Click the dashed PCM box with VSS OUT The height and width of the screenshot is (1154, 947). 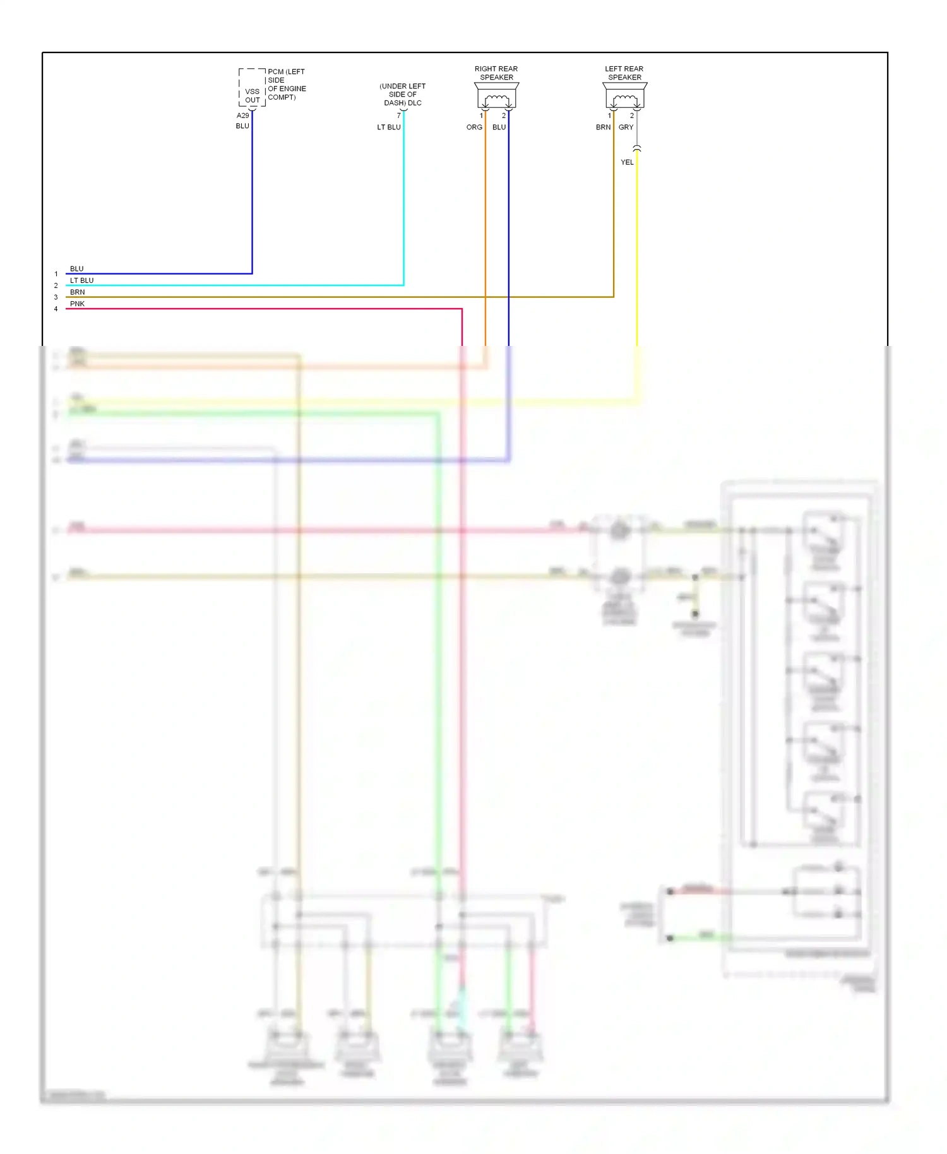[x=252, y=88]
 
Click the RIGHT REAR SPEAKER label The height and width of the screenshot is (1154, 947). [x=496, y=73]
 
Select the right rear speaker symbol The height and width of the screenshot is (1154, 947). [x=497, y=97]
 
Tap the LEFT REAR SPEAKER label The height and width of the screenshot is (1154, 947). [x=624, y=73]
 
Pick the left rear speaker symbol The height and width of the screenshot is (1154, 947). [x=625, y=97]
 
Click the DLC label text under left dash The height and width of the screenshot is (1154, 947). [x=403, y=95]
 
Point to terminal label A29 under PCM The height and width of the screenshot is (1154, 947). [x=243, y=116]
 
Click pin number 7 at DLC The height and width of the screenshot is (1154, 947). [x=398, y=116]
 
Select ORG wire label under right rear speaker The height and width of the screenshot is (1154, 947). [x=474, y=128]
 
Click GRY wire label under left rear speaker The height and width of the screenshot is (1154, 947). [x=626, y=128]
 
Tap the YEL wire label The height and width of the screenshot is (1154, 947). [x=627, y=162]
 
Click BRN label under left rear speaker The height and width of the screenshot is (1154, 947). [x=603, y=128]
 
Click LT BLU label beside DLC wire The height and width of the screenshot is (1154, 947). [x=389, y=128]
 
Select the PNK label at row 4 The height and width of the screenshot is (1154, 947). [x=77, y=304]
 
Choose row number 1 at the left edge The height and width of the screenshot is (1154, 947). [x=56, y=274]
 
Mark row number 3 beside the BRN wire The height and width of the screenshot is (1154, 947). [x=56, y=297]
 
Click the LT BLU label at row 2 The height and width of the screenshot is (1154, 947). [x=81, y=280]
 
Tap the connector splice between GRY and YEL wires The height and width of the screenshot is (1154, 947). [x=637, y=148]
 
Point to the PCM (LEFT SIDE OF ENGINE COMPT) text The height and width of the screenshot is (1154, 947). [x=287, y=85]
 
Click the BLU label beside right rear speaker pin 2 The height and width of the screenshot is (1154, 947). [x=499, y=128]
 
